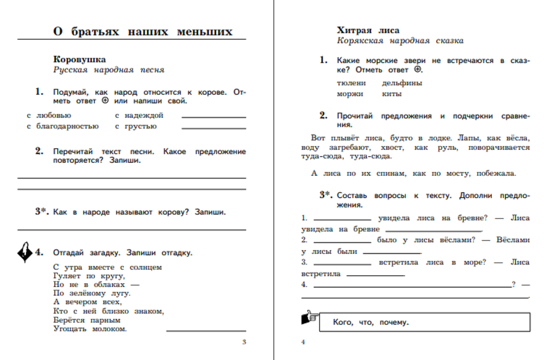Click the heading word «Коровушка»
[x=79, y=59]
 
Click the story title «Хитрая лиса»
[x=368, y=30]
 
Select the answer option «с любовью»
[x=49, y=116]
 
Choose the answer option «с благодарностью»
[x=63, y=126]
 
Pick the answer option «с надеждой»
[x=139, y=116]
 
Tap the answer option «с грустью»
[x=136, y=126]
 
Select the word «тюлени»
[x=351, y=83]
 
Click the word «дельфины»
[x=402, y=83]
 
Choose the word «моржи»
[x=350, y=94]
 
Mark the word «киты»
[x=392, y=94]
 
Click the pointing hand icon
[x=309, y=318]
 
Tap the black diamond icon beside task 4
[x=25, y=252]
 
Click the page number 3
[x=244, y=342]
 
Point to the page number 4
[x=303, y=342]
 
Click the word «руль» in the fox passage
[x=447, y=148]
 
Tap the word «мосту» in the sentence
[x=458, y=174]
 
